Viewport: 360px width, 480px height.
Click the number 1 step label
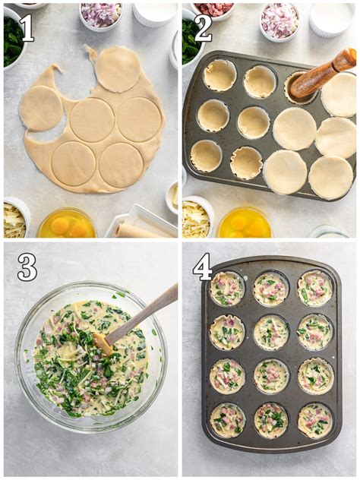click(x=26, y=28)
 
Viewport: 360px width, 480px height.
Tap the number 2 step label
click(x=203, y=28)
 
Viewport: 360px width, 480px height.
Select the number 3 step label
click(x=27, y=267)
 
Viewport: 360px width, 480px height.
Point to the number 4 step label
click(x=203, y=267)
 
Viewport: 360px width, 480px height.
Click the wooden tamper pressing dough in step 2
click(x=323, y=74)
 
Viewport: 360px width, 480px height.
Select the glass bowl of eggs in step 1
click(x=67, y=224)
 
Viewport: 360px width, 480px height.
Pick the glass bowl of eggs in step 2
click(x=245, y=223)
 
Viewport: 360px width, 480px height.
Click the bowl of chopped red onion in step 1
click(x=100, y=14)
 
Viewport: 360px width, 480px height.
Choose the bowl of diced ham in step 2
click(x=216, y=9)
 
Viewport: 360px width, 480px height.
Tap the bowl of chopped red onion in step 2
click(x=279, y=20)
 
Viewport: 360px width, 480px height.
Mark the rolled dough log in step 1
click(x=141, y=229)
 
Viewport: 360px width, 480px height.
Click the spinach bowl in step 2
click(x=190, y=42)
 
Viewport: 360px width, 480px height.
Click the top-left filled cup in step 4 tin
click(x=227, y=289)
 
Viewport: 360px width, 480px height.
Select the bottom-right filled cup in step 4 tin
click(x=314, y=420)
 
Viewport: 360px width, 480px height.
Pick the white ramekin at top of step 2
click(x=331, y=17)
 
